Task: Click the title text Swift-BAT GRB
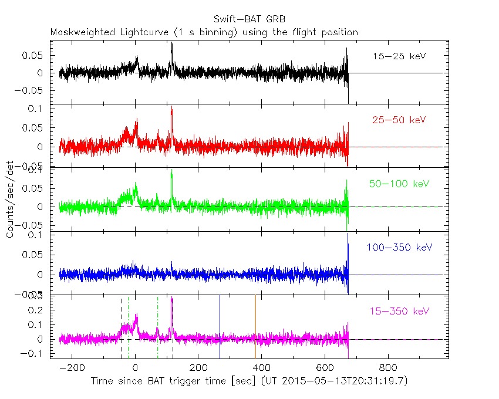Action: (249, 19)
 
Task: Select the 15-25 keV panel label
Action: (399, 56)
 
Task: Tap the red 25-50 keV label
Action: (399, 120)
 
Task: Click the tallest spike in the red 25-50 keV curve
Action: (171, 107)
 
